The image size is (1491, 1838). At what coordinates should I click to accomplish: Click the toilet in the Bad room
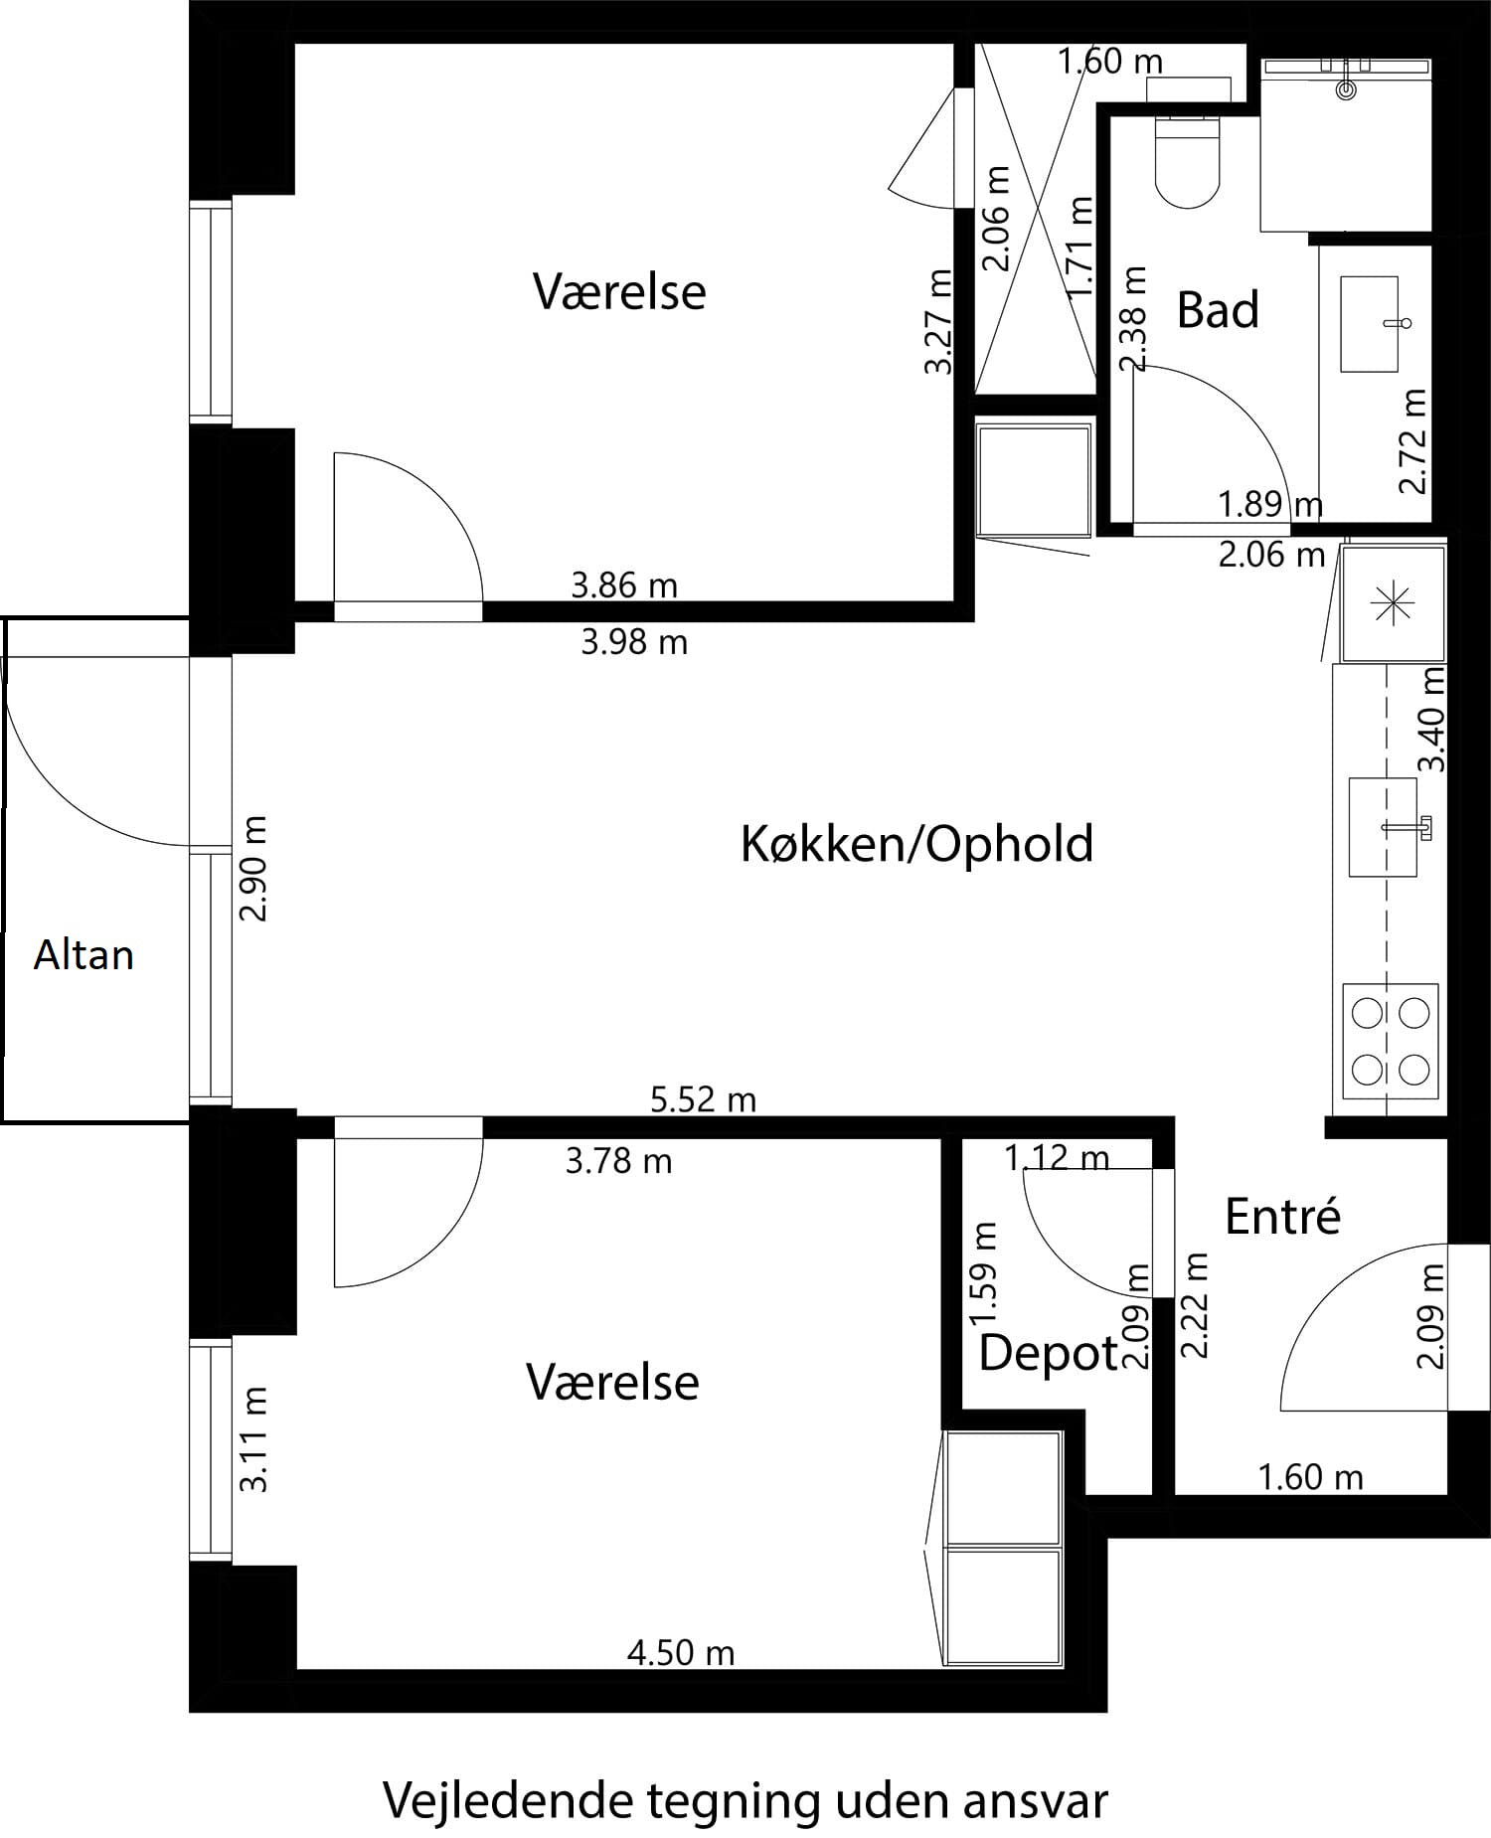[x=1188, y=165]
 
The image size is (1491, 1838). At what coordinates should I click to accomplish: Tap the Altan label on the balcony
[x=83, y=955]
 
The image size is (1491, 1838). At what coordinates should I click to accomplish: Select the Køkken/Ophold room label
[x=916, y=844]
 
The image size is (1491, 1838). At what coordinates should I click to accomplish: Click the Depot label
[x=1048, y=1353]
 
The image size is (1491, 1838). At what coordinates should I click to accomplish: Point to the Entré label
[x=1282, y=1217]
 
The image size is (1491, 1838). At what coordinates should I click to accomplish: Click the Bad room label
[x=1218, y=310]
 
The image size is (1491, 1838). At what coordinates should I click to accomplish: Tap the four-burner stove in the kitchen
[x=1390, y=1042]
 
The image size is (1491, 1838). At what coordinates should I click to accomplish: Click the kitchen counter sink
[x=1383, y=827]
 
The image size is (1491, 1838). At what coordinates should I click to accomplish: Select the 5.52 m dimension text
[x=703, y=1099]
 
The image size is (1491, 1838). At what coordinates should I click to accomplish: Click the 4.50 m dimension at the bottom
[x=681, y=1653]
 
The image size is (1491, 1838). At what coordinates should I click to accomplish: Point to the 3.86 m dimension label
[x=624, y=585]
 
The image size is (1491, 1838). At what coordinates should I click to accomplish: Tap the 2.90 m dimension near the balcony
[x=254, y=869]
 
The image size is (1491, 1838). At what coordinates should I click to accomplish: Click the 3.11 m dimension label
[x=254, y=1439]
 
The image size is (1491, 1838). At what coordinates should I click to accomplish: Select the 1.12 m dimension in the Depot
[x=1056, y=1158]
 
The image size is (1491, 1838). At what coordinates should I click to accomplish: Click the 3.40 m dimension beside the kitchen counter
[x=1431, y=720]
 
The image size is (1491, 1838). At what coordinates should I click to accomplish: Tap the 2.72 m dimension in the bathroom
[x=1412, y=440]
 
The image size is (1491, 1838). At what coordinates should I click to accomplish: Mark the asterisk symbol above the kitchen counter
[x=1391, y=604]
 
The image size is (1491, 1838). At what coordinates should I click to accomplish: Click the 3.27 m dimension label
[x=938, y=321]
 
